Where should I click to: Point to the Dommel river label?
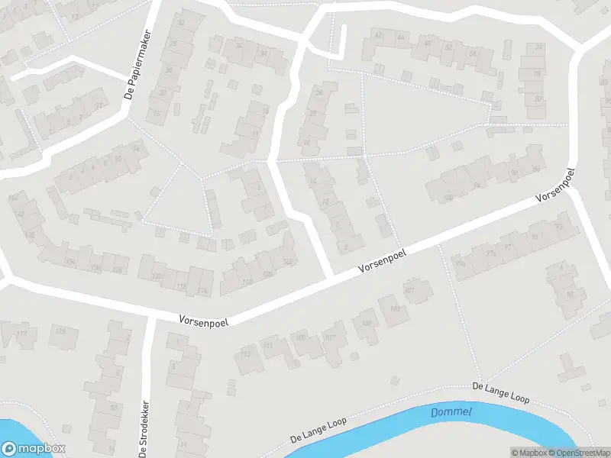click(x=451, y=412)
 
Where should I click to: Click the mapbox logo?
click(x=34, y=449)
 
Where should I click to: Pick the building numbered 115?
click(x=60, y=331)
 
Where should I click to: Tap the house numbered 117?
click(x=21, y=334)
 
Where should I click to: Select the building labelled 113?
click(x=246, y=354)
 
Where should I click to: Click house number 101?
click(x=409, y=291)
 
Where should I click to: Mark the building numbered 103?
click(x=395, y=308)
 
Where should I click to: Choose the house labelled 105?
click(x=367, y=323)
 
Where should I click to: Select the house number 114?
click(x=202, y=291)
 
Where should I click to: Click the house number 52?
click(x=448, y=47)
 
